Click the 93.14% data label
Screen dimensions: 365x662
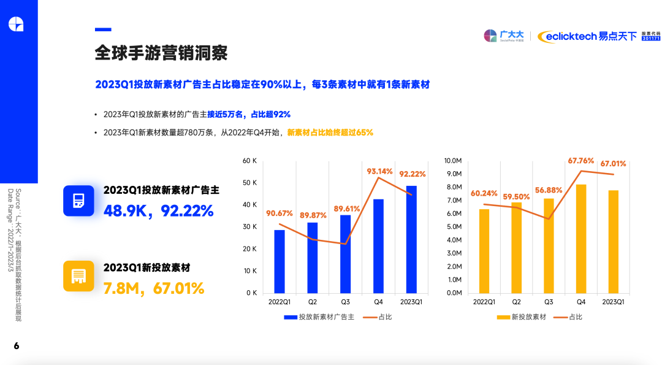click(x=379, y=171)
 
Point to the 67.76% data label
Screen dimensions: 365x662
click(x=581, y=161)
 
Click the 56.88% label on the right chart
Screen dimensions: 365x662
click(x=549, y=190)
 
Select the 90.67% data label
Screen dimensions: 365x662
click(x=279, y=213)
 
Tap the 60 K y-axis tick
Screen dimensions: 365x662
click(x=249, y=161)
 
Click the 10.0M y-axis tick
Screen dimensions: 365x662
click(x=452, y=161)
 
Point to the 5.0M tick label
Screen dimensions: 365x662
click(x=454, y=227)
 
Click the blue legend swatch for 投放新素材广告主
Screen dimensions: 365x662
click(x=290, y=317)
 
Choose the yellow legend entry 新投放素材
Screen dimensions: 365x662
click(x=521, y=317)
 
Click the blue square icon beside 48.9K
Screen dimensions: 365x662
click(x=78, y=201)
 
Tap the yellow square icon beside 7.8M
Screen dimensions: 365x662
click(x=78, y=276)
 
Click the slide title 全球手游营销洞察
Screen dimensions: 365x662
click(x=161, y=53)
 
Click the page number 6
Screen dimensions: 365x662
click(x=17, y=346)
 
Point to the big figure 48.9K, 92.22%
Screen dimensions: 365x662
click(x=158, y=211)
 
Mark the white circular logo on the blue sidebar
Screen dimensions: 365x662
click(x=16, y=24)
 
